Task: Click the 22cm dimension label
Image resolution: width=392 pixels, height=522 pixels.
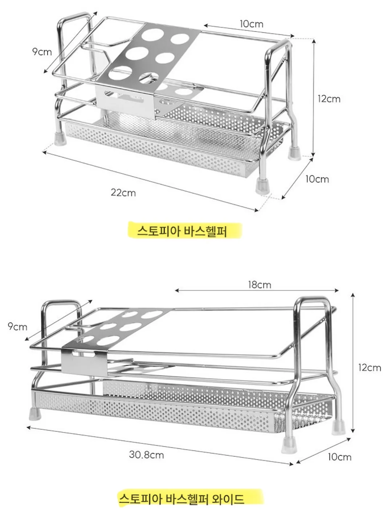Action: pyautogui.click(x=123, y=192)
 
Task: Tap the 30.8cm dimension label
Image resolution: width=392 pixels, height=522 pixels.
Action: pyautogui.click(x=147, y=455)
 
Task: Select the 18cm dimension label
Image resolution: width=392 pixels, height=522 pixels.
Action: pyautogui.click(x=260, y=285)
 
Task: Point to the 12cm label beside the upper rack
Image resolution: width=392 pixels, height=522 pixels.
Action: pyautogui.click(x=329, y=99)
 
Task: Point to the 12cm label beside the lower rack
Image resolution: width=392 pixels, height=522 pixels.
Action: pyautogui.click(x=369, y=368)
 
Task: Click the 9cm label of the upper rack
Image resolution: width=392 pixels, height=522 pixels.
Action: pyautogui.click(x=42, y=52)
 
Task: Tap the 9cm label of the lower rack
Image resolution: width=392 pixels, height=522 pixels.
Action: pyautogui.click(x=17, y=326)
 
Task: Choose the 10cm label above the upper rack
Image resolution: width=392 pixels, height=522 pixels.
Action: pyautogui.click(x=252, y=24)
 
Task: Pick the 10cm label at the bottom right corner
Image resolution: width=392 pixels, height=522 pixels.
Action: pyautogui.click(x=339, y=457)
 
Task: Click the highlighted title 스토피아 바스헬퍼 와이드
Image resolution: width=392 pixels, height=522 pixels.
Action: pyautogui.click(x=181, y=498)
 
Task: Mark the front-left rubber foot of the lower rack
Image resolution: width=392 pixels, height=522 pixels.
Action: pyautogui.click(x=35, y=413)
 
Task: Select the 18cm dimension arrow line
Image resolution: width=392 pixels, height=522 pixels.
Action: pyautogui.click(x=257, y=290)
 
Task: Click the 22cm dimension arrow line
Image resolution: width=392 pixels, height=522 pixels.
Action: pyautogui.click(x=150, y=181)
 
